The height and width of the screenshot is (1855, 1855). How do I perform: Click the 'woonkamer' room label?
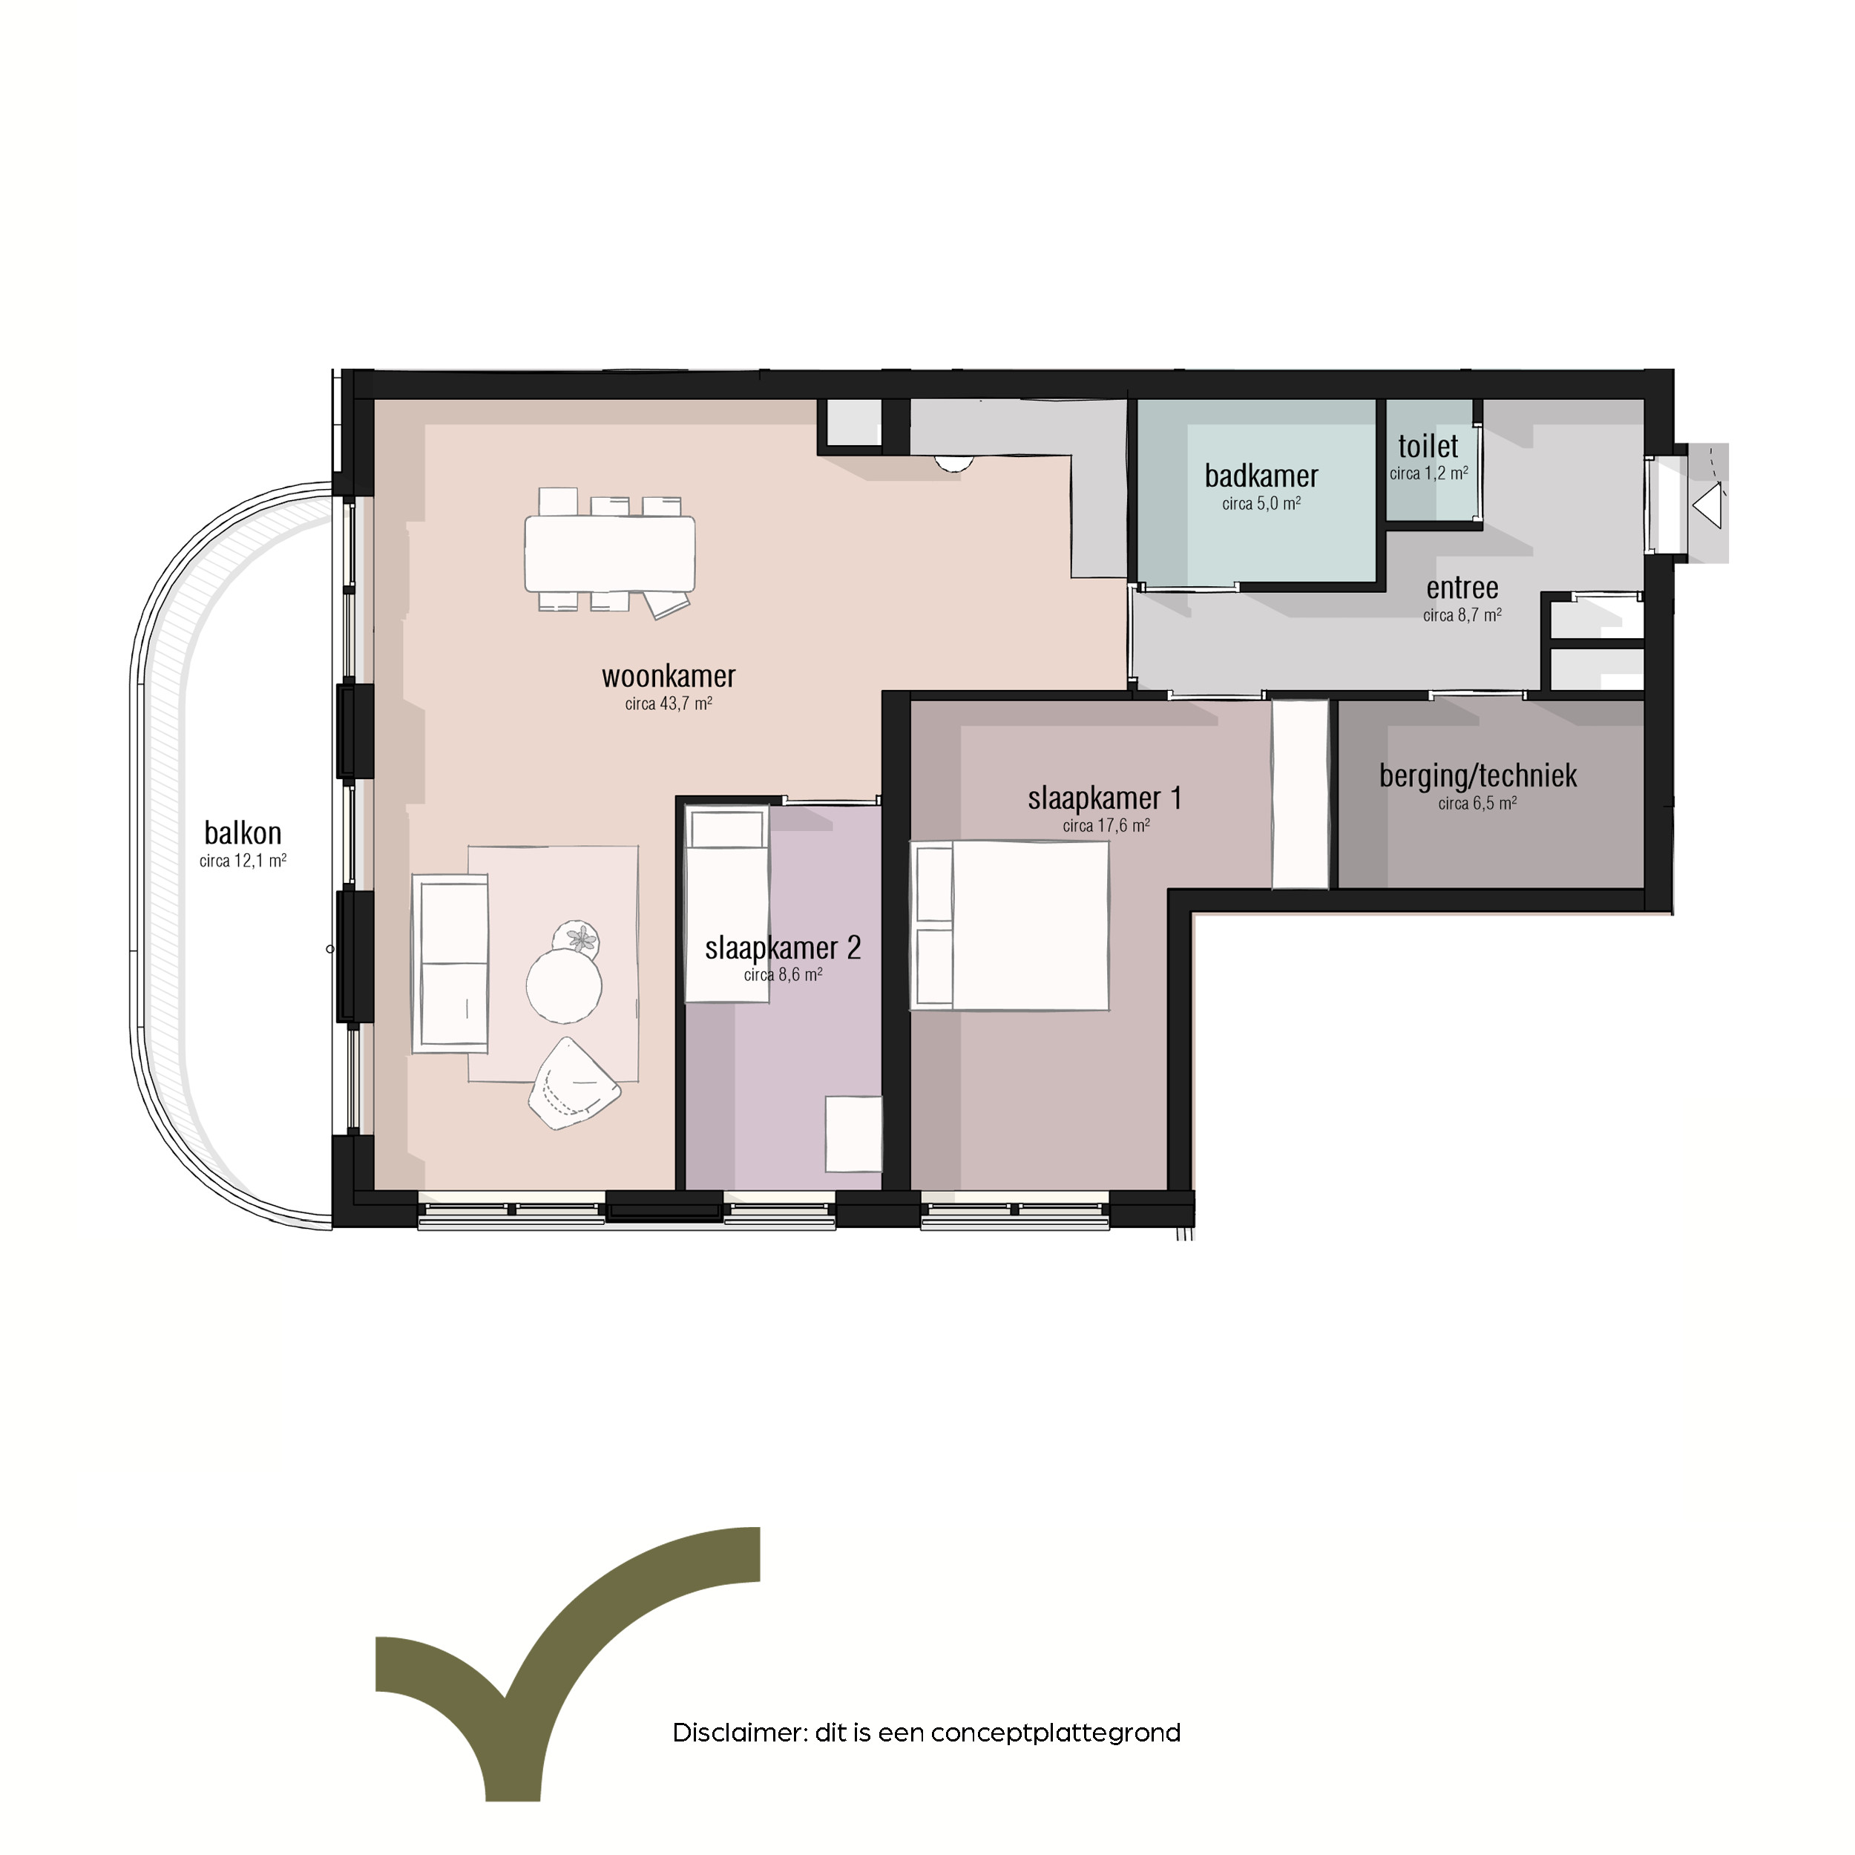coord(669,677)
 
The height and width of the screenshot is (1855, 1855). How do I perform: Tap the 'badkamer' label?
coord(1261,476)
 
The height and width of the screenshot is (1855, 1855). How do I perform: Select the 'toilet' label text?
coord(1428,447)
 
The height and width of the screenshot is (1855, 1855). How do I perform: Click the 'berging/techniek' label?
coord(1477,776)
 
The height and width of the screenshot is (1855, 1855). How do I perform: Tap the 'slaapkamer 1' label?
coord(1104,798)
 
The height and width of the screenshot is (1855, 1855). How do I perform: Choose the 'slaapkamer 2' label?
coord(783,948)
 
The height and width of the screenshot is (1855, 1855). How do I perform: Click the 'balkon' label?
coord(243,833)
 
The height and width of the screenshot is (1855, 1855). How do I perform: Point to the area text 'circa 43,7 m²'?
coord(669,703)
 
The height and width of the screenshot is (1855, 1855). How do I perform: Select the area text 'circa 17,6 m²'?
coord(1106,826)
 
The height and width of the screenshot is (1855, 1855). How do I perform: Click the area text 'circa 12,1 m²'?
coord(243,861)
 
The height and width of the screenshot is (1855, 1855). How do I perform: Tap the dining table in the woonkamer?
coord(610,554)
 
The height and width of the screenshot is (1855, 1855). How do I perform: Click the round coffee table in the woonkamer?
coord(564,985)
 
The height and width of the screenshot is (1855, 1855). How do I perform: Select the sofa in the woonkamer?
coord(450,963)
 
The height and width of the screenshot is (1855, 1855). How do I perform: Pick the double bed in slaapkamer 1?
coord(1009,925)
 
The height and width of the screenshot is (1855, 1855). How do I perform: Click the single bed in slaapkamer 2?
coord(727,904)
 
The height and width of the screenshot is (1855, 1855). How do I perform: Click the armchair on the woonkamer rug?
coord(574,1083)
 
